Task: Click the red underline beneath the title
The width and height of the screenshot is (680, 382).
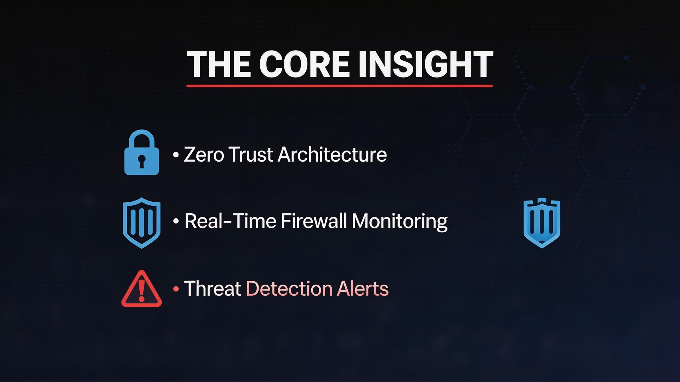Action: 339,86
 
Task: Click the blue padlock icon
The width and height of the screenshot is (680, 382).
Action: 141,153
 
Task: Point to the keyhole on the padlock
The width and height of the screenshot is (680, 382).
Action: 142,161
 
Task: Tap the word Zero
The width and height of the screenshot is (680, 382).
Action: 204,155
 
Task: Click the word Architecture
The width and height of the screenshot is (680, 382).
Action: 332,155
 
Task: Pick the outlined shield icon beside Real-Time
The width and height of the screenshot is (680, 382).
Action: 141,223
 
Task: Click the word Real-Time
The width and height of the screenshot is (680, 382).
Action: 230,221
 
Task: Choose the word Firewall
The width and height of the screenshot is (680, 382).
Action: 314,221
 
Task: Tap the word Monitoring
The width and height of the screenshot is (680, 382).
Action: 399,222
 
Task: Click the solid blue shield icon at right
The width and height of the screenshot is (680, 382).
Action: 542,223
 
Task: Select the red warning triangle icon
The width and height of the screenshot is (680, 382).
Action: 141,289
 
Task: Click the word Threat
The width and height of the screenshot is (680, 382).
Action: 212,288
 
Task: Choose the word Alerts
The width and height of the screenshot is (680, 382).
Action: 363,288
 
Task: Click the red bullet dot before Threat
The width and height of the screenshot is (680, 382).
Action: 176,289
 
